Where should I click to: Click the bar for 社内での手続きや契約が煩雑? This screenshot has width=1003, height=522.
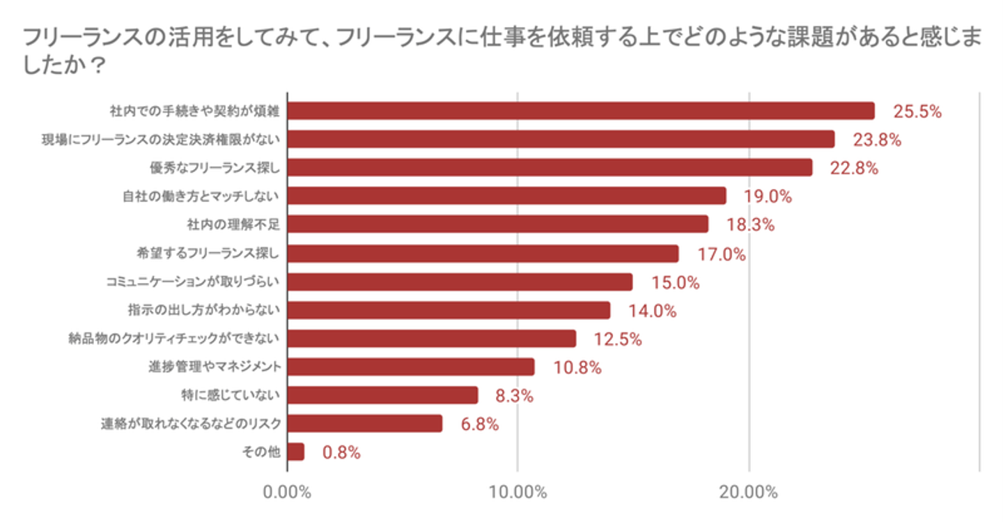pyautogui.click(x=580, y=111)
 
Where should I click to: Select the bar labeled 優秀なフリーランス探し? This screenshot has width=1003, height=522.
pyautogui.click(x=549, y=167)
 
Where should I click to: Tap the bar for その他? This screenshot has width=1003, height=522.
pyautogui.click(x=295, y=452)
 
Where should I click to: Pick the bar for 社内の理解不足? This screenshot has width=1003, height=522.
pyautogui.click(x=497, y=224)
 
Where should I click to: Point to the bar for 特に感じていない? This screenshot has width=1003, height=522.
pyautogui.click(x=382, y=395)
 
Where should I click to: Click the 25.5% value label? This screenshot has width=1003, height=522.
pyautogui.click(x=917, y=112)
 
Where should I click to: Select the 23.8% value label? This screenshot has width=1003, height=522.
pyautogui.click(x=877, y=139)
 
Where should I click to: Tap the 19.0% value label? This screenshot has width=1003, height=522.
pyautogui.click(x=768, y=197)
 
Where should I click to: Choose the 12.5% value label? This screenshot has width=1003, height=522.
pyautogui.click(x=617, y=339)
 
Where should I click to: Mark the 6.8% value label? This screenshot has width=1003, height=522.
pyautogui.click(x=480, y=424)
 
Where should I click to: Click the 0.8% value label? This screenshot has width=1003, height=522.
pyautogui.click(x=341, y=452)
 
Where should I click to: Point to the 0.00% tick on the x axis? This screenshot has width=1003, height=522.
pyautogui.click(x=287, y=493)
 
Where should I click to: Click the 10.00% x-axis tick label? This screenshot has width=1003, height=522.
pyautogui.click(x=518, y=493)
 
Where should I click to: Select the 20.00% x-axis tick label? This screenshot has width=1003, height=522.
pyautogui.click(x=749, y=493)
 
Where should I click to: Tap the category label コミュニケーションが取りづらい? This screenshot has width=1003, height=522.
pyautogui.click(x=193, y=282)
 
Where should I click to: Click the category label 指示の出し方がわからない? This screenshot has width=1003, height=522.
pyautogui.click(x=203, y=310)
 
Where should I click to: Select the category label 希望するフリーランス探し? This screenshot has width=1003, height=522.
pyautogui.click(x=208, y=253)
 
